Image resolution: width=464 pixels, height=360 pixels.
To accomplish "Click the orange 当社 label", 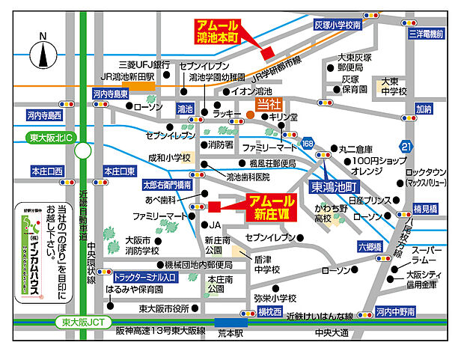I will tap(267, 104).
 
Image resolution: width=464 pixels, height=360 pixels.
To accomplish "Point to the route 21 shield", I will tap(406, 145).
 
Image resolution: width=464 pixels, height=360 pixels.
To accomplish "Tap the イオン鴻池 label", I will tap(251, 91).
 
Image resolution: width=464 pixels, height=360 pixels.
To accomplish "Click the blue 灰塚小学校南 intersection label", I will tap(338, 25).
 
